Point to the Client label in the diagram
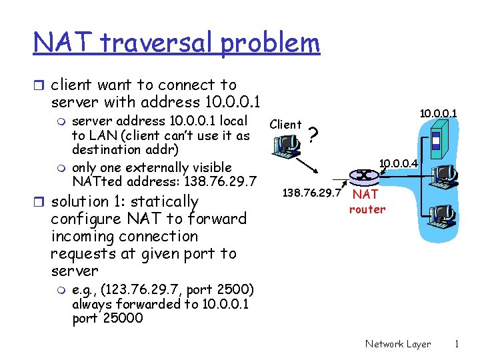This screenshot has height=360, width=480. pyautogui.click(x=285, y=125)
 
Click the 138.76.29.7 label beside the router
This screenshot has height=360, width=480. pyautogui.click(x=312, y=193)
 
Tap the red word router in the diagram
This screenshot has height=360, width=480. pyautogui.click(x=367, y=209)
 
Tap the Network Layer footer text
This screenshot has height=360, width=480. pyautogui.click(x=397, y=344)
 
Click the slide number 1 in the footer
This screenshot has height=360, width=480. pyautogui.click(x=457, y=344)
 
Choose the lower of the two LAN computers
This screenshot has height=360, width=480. pyautogui.click(x=441, y=213)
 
